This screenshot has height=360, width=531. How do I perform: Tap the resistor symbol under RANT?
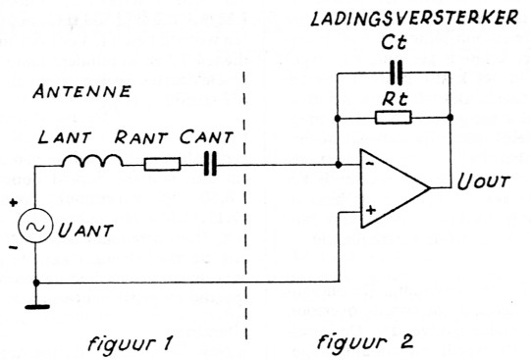(162, 165)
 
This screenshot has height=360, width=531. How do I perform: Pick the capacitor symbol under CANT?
(209, 165)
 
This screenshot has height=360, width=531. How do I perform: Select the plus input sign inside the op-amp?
(371, 209)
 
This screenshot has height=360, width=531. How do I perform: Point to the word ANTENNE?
(72, 94)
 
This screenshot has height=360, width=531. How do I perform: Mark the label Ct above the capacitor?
(396, 46)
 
